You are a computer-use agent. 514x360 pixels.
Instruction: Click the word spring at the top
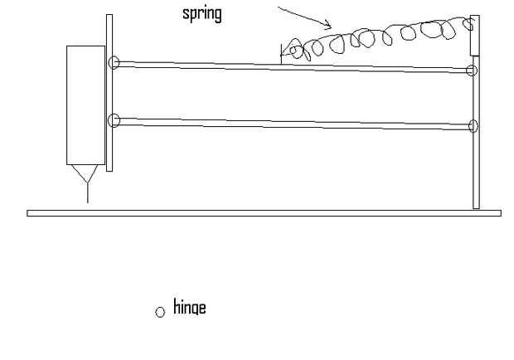201,15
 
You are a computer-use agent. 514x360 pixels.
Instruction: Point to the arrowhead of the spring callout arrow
328,26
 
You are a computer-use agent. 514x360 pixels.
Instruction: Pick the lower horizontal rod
290,123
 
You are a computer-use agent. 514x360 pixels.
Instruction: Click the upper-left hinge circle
114,62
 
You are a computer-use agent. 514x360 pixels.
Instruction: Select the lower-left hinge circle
114,120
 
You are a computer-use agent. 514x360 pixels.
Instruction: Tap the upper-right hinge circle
472,71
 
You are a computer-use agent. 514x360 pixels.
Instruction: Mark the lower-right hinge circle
473,126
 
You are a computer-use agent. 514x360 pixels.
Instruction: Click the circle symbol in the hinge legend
160,313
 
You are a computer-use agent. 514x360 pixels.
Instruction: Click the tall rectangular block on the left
85,104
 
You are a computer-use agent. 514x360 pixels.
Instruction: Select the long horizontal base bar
264,213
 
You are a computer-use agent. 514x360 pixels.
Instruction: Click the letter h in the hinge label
176,308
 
